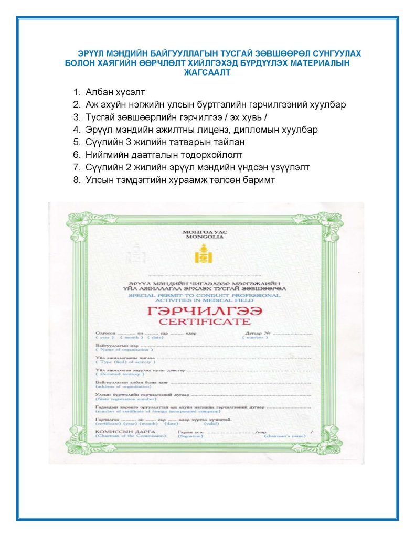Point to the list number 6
pos(76,155)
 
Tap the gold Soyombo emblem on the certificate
pos(205,254)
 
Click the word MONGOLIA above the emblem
pos(205,237)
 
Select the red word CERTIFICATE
pos(205,321)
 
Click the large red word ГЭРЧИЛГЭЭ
pos(205,310)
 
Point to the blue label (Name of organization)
pos(119,350)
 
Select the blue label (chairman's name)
pos(284,436)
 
